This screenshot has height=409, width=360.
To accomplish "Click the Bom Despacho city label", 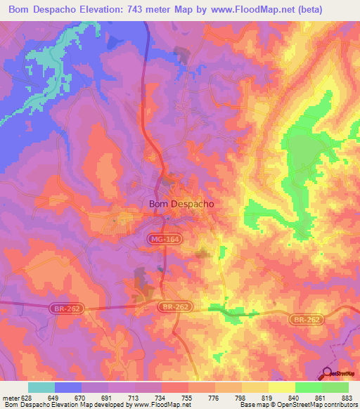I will (x=181, y=204).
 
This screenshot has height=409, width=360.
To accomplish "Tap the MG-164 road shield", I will (x=163, y=240).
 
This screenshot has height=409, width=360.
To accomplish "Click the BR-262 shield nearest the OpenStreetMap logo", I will (x=305, y=319).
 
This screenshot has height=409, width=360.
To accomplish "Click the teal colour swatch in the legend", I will (x=41, y=387).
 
